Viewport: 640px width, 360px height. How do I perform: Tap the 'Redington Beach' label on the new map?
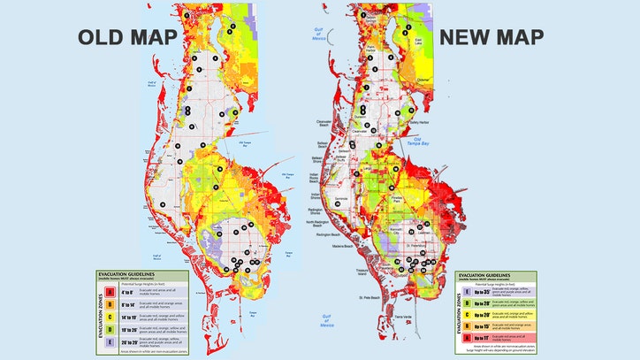coord(328,238)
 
